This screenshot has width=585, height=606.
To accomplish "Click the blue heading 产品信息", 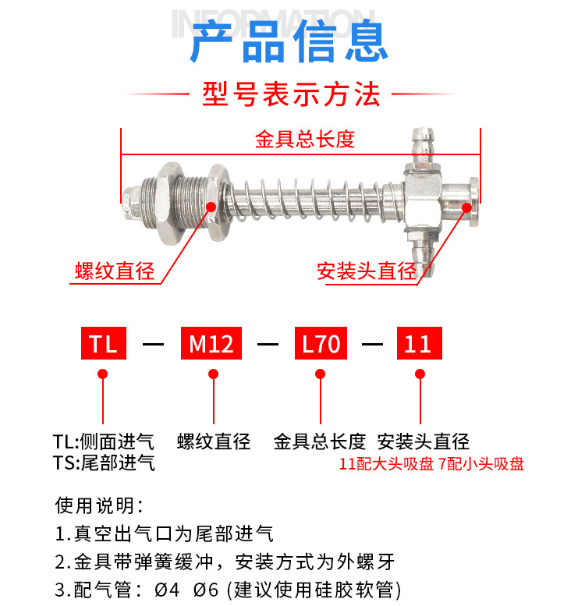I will (x=290, y=42).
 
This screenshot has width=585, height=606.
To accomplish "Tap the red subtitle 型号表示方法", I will (x=290, y=94).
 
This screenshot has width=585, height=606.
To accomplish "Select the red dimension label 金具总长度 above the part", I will (x=304, y=140).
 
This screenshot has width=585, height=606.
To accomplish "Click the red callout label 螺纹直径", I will (x=115, y=272).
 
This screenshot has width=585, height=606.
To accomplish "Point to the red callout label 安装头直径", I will (x=366, y=272).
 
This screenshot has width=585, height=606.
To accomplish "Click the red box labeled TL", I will (x=103, y=344).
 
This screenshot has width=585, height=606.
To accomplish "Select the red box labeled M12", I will (x=212, y=344).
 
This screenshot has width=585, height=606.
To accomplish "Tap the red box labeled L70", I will (x=321, y=344).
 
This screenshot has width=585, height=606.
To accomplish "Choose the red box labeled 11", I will (x=420, y=344).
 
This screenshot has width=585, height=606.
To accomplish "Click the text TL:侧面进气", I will (x=103, y=441).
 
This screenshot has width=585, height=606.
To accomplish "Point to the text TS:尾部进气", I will (x=103, y=463).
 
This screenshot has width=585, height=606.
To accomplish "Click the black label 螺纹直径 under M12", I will (x=214, y=441).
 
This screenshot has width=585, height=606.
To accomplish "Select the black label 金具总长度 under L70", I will (x=320, y=441).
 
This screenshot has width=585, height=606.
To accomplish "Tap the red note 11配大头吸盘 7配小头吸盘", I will (x=431, y=464).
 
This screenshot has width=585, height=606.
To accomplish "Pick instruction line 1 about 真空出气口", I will (x=164, y=534).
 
